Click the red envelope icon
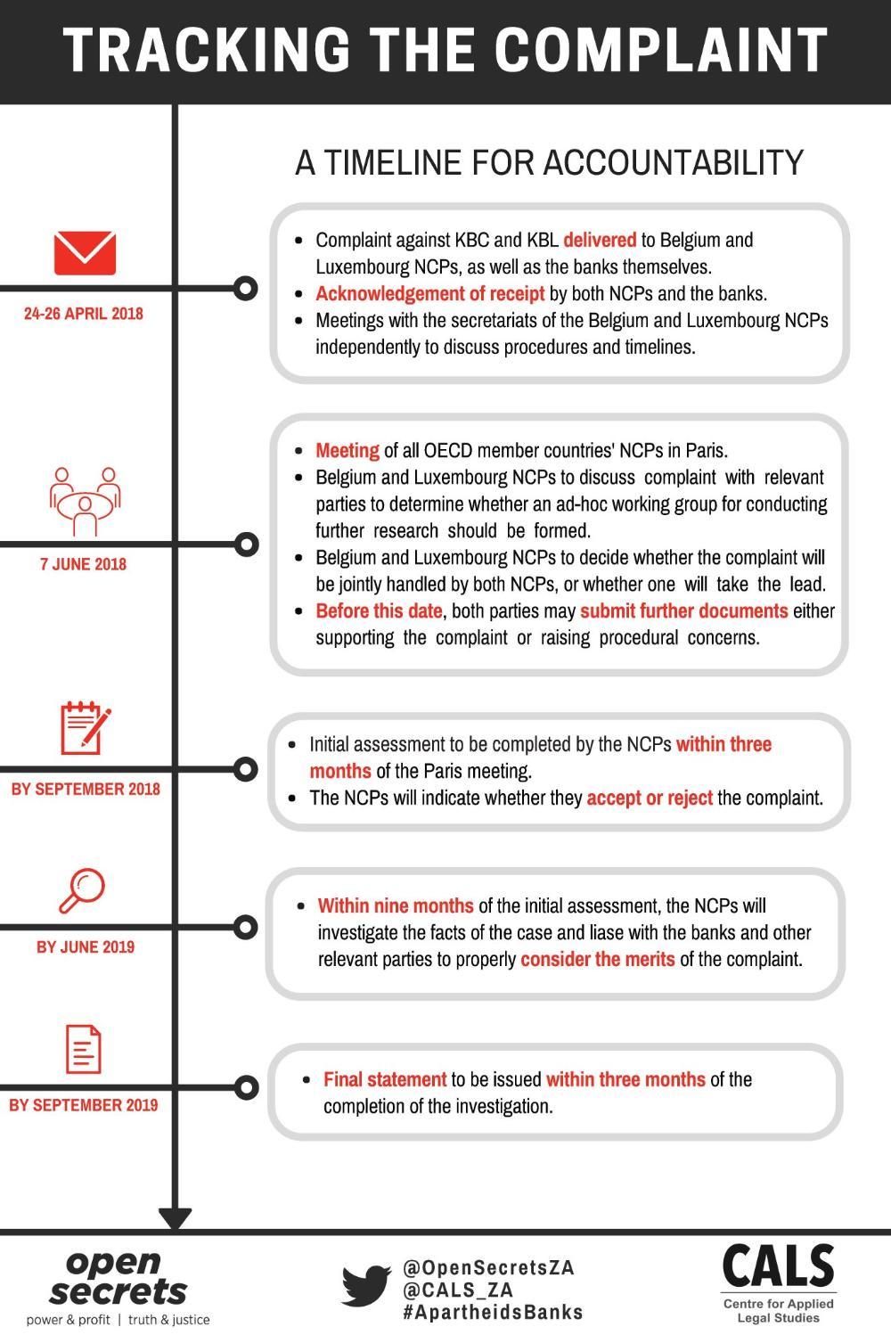point(85,253)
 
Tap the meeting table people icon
point(85,501)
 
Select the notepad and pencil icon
point(86,728)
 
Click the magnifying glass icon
point(82,891)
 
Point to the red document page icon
point(84,1050)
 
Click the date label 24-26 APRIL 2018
point(84,314)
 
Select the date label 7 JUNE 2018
point(84,564)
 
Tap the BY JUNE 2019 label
point(86,947)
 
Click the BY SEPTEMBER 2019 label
point(84,1106)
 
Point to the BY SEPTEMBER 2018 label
point(86,789)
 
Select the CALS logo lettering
point(779,1265)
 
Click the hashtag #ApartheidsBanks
point(493,1313)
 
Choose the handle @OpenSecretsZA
point(488,1267)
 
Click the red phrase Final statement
point(385,1079)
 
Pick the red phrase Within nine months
point(396,905)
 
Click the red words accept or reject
point(650,798)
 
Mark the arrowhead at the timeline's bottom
point(176,1217)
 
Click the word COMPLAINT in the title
point(661,50)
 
